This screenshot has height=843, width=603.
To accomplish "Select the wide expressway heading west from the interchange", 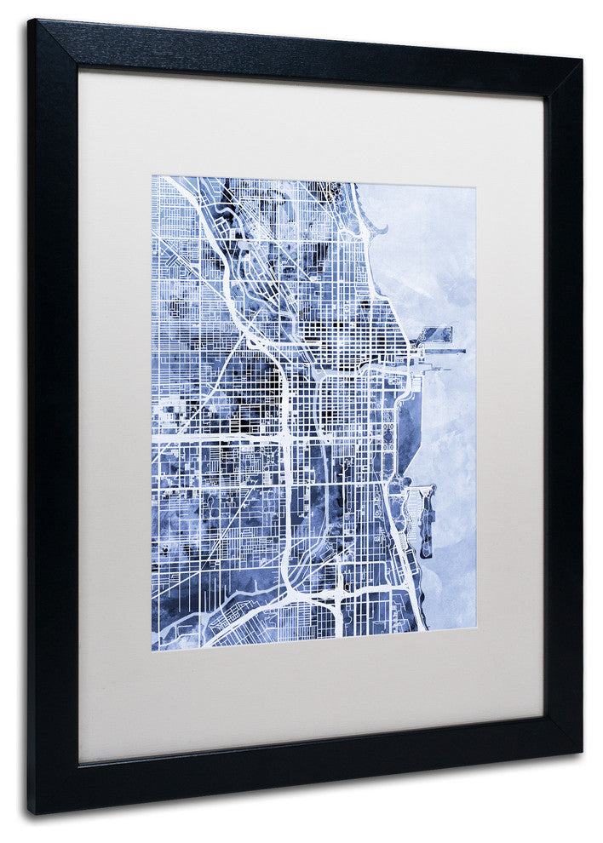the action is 213,439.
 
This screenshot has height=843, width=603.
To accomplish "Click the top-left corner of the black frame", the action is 29,20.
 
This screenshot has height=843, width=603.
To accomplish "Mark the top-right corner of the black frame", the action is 582,60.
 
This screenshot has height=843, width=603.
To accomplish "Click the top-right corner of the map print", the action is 475,186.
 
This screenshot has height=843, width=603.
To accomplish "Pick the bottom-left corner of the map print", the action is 152,650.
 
